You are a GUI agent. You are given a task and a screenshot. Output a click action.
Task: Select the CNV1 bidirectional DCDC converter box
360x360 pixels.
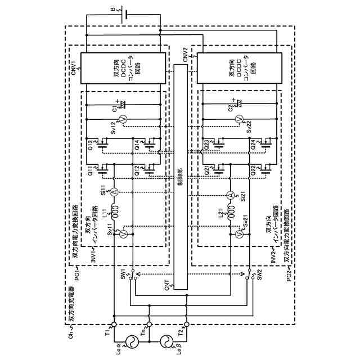pyautogui.click(x=123, y=68)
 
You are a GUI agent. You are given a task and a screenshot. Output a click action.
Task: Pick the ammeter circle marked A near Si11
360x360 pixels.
pyautogui.click(x=114, y=192)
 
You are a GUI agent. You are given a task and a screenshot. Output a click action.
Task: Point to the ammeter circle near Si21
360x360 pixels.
pyautogui.click(x=229, y=195)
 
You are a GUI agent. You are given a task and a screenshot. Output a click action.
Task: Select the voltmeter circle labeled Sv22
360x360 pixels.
pyautogui.click(x=238, y=119)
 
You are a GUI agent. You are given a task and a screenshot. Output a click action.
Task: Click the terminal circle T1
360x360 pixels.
pyautogui.click(x=114, y=325)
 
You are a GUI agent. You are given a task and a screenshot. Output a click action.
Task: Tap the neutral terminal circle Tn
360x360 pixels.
pyautogui.click(x=150, y=325)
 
